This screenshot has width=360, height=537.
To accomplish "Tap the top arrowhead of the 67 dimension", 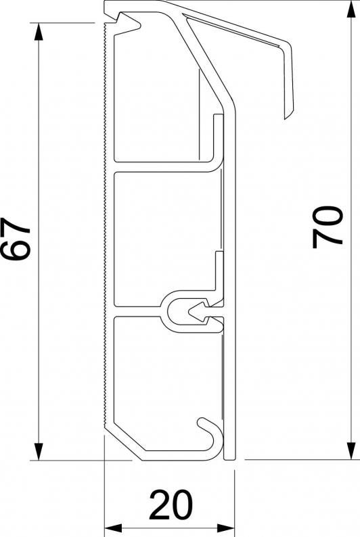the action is point(39,32).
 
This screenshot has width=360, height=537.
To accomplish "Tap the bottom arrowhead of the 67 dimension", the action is point(39,451).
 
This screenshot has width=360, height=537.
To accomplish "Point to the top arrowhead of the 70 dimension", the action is point(351,9).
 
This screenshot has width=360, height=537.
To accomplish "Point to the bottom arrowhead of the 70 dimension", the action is point(351,450).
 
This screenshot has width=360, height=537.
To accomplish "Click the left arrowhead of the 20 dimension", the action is point(113,528).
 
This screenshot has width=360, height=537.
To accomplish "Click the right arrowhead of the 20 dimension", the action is point(225,528).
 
